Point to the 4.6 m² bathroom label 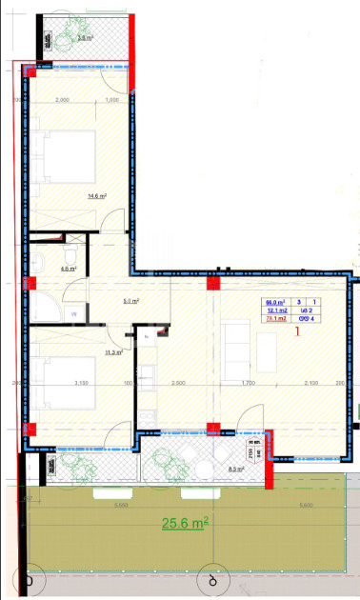tap(69, 270)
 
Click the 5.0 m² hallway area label tap(131, 301)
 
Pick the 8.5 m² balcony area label tap(235, 470)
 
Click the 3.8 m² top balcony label tap(85, 38)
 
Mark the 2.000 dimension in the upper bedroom tap(64, 101)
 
